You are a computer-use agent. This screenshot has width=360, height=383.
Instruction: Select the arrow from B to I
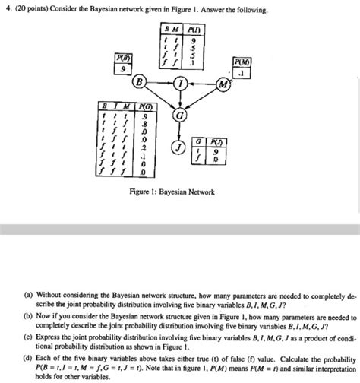click(160, 82)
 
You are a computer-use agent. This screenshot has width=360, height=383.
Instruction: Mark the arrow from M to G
click(203, 100)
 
